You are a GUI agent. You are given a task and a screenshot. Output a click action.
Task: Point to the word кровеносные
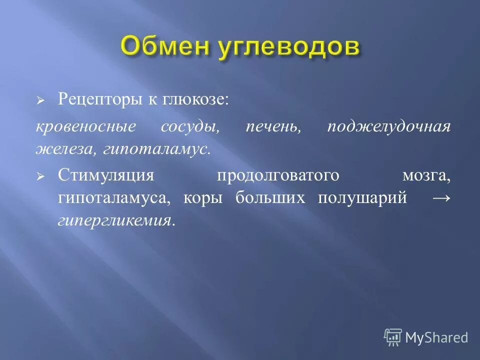pyautogui.click(x=85, y=126)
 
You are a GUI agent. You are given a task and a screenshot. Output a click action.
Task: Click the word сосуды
pyautogui.click(x=190, y=126)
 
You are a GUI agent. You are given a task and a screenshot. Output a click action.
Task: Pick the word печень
pyautogui.click(x=273, y=126)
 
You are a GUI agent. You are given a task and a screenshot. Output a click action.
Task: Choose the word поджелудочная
pyautogui.click(x=389, y=126)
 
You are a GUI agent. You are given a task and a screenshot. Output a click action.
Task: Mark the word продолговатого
pyautogui.click(x=278, y=175)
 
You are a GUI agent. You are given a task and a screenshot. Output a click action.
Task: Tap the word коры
pyautogui.click(x=202, y=198)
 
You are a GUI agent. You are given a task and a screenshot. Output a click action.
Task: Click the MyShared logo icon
pyautogui.click(x=393, y=337)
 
